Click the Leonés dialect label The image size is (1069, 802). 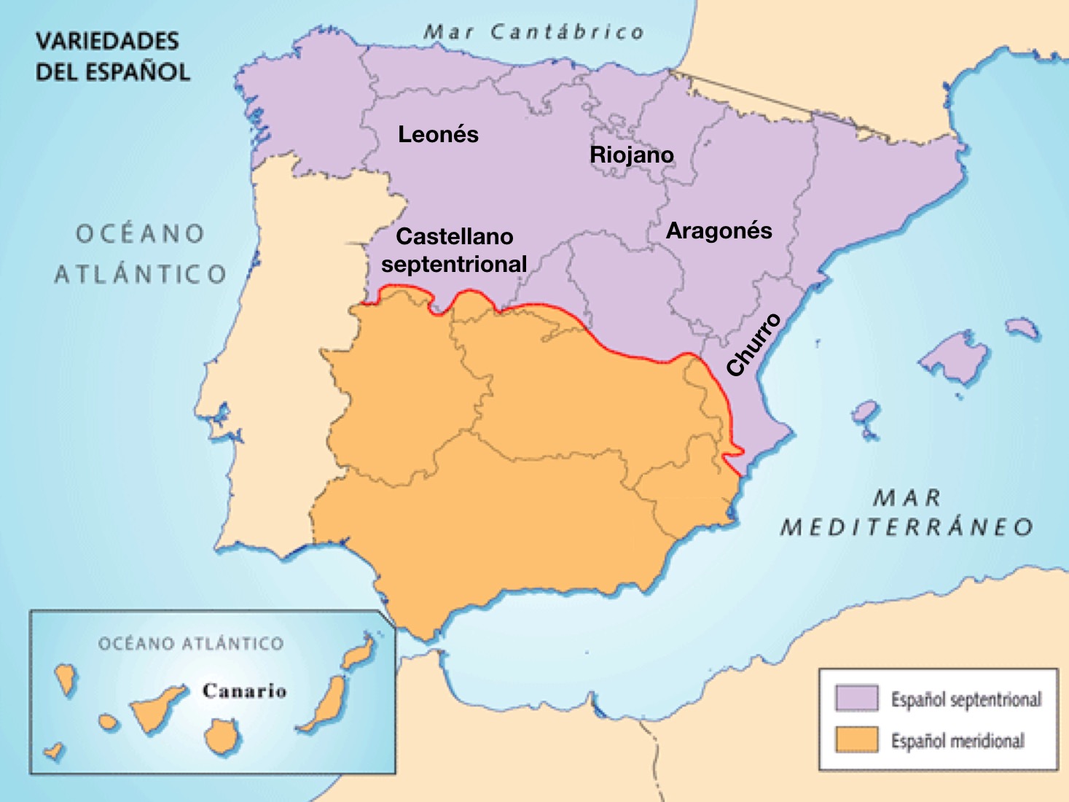[438, 134]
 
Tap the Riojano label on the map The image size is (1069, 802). [631, 155]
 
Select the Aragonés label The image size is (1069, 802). [718, 230]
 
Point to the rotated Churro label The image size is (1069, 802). [753, 345]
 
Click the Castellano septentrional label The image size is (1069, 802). [454, 250]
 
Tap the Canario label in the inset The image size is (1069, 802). [244, 690]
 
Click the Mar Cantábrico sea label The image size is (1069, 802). [534, 32]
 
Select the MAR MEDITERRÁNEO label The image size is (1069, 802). [907, 513]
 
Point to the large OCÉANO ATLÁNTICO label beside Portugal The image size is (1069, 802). [140, 254]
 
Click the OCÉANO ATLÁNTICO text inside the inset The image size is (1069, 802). [191, 644]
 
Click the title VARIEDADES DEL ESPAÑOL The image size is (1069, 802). [112, 56]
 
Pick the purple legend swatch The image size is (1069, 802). [856, 698]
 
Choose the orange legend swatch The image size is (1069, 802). [856, 739]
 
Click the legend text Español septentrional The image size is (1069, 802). [966, 699]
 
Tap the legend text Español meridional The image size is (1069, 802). [958, 741]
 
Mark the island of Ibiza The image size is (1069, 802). [865, 414]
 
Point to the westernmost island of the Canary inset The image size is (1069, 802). [52, 751]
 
